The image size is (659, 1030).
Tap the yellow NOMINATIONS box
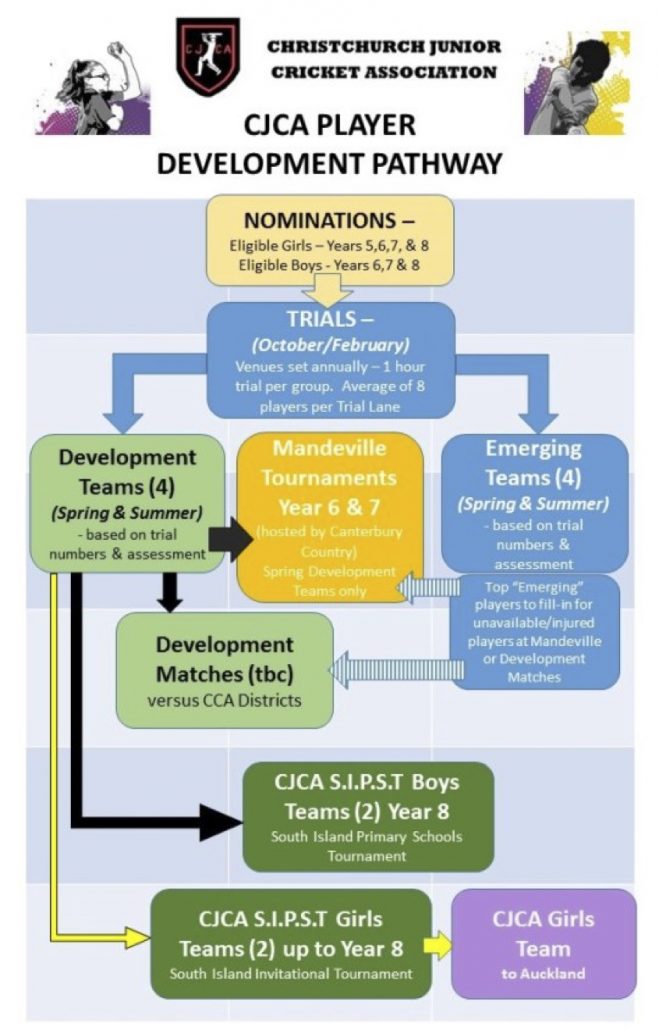tap(329, 239)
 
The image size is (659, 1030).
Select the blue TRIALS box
tap(330, 360)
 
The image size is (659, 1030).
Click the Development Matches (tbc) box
tap(224, 669)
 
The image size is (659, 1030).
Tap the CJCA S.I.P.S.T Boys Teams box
tap(367, 816)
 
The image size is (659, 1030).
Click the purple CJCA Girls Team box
tap(543, 942)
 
